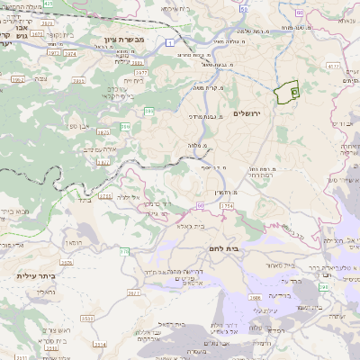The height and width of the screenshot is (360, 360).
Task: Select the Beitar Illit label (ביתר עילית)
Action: click(35, 277)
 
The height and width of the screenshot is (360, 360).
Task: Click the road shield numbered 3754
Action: click(227, 206)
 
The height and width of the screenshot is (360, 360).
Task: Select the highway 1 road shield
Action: click(168, 41)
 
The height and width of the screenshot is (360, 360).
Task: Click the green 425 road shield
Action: click(73, 4)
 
